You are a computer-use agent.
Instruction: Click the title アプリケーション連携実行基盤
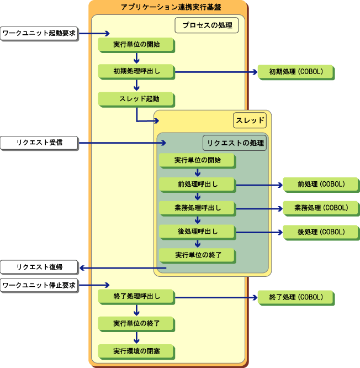point(168,7)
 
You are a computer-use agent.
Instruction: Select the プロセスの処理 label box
point(207,25)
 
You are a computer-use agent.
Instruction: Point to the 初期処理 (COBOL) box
point(295,71)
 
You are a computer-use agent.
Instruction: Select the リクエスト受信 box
point(39,143)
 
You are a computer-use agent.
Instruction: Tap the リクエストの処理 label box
point(235,143)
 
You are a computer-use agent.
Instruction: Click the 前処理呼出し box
point(197,184)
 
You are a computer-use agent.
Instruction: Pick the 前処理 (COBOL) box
point(321,184)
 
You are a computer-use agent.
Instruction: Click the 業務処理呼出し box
point(197,208)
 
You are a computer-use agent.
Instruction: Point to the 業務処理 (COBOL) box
point(321,208)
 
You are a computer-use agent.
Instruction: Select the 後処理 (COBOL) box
point(321,232)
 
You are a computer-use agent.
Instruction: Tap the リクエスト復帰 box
point(39,267)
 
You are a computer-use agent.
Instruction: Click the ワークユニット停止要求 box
point(39,286)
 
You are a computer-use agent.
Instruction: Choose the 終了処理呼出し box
point(136,296)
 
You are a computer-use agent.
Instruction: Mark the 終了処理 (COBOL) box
point(295,297)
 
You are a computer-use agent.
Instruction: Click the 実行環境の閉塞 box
point(136,351)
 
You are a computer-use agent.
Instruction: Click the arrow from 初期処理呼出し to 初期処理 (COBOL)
point(215,72)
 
